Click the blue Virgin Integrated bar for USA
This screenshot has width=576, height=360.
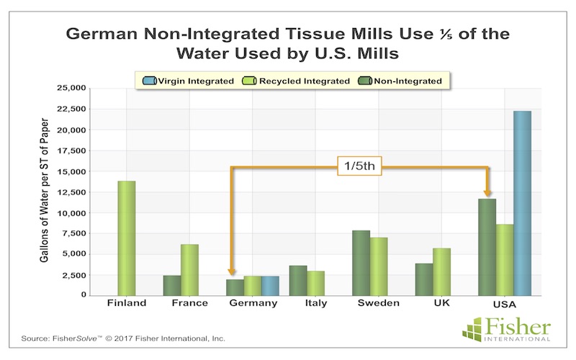[x=522, y=204]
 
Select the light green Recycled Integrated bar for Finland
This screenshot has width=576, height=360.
[x=127, y=238]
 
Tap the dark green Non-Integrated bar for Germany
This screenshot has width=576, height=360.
[x=235, y=287]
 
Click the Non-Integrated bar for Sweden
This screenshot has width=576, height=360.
[x=361, y=263]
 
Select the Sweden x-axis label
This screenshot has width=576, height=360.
[x=378, y=303]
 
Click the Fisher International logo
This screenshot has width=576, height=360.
[x=506, y=329]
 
